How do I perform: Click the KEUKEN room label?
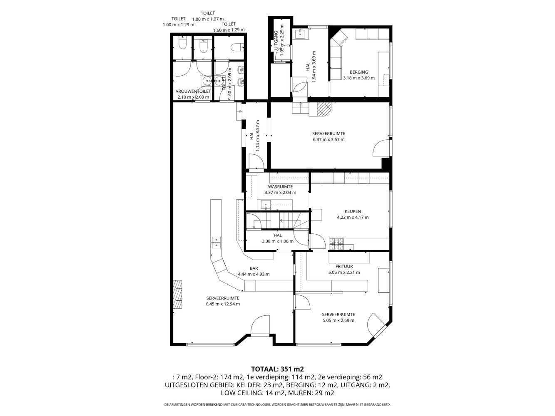tap(353, 211)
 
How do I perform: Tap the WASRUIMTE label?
tap(280, 187)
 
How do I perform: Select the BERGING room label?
tap(359, 72)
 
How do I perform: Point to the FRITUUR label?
tap(344, 267)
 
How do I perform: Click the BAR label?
tap(254, 268)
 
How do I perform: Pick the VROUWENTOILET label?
tap(193, 92)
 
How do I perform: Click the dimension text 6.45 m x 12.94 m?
tap(223, 304)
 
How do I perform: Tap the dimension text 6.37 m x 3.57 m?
tap(329, 139)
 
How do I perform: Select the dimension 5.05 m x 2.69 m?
tap(338, 320)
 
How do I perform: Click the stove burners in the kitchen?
tap(336, 244)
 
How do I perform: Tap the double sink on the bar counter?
tap(216, 242)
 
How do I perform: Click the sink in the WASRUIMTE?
tap(264, 205)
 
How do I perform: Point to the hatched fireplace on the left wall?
tap(177, 294)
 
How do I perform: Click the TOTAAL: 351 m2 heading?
tap(277, 369)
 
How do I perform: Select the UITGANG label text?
tap(276, 40)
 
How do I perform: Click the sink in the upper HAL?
tap(300, 34)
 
